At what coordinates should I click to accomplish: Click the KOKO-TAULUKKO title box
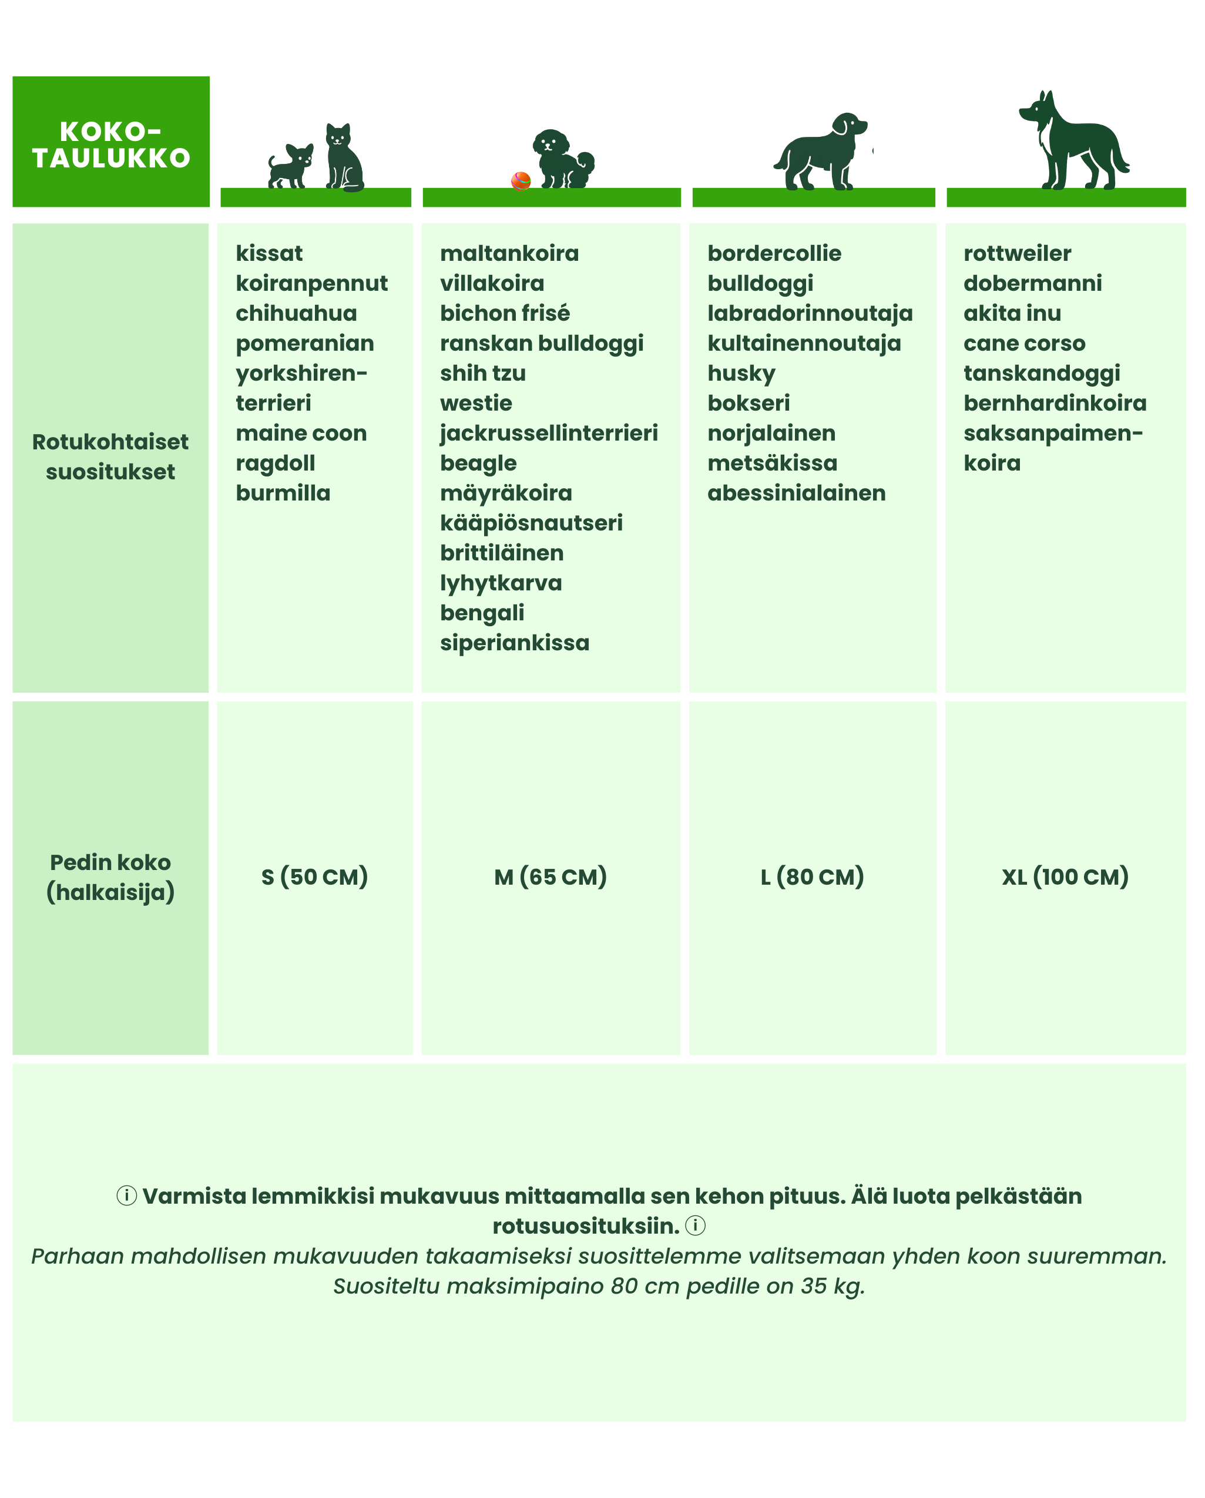111,142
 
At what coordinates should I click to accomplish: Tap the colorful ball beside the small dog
521,182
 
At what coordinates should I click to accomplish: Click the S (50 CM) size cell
315,877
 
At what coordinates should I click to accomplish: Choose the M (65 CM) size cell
551,877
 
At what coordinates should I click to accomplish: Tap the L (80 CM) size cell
813,877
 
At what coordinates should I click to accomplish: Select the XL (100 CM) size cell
1065,877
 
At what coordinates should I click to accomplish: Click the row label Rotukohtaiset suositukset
110,456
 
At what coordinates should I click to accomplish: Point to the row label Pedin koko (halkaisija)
110,877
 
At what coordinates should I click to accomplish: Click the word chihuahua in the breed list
296,313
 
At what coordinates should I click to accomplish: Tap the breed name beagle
478,463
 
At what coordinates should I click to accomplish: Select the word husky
741,374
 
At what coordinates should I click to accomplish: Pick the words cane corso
1023,343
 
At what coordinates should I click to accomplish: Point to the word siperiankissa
514,643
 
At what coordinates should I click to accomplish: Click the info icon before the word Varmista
126,1196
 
